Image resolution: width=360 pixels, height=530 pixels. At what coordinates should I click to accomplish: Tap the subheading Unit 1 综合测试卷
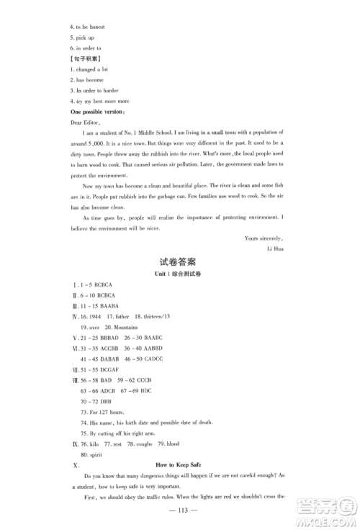pos(180,277)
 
